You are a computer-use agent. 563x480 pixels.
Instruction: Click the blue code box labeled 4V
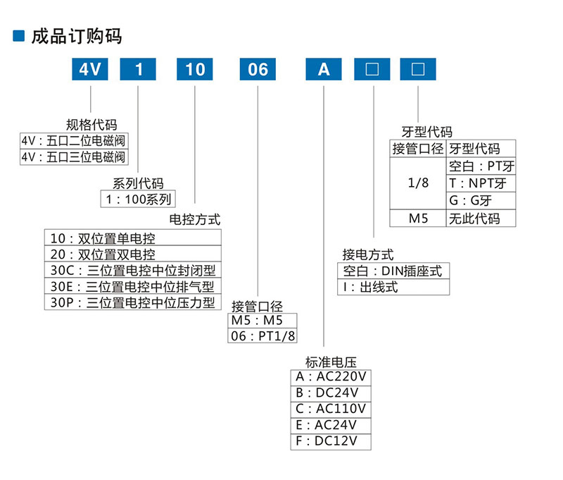click(x=91, y=69)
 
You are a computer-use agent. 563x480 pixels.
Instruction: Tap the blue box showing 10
click(x=195, y=69)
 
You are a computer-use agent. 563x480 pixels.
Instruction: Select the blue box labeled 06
click(x=258, y=69)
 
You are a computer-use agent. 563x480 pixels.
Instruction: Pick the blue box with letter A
click(x=323, y=69)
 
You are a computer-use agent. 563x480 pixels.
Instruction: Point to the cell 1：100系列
click(x=139, y=199)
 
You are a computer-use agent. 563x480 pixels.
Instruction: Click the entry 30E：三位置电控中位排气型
click(x=133, y=287)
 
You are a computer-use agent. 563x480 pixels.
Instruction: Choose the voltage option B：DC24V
click(x=330, y=393)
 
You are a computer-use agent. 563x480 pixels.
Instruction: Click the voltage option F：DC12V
click(x=330, y=441)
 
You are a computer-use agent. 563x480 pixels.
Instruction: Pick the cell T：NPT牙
click(x=481, y=183)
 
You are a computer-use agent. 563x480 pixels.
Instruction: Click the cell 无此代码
click(x=481, y=219)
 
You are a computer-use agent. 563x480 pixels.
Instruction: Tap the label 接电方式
click(x=367, y=254)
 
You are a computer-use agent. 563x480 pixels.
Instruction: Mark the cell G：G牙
click(x=481, y=201)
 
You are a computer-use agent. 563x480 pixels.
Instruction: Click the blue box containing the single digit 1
click(x=139, y=69)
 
